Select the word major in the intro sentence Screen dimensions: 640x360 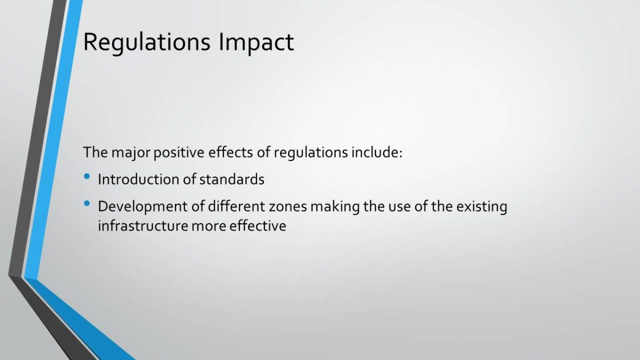click(131, 153)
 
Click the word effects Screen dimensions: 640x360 click(230, 152)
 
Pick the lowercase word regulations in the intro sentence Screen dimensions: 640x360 click(311, 153)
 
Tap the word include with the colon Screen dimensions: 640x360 click(377, 152)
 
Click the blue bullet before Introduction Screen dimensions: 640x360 click(87, 177)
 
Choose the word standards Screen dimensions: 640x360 click(231, 179)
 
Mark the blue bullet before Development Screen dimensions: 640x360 click(87, 203)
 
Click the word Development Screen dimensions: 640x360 click(143, 207)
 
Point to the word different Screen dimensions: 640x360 click(237, 206)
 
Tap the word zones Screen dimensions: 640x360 click(287, 207)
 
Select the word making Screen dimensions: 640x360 click(335, 207)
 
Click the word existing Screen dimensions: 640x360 click(482, 207)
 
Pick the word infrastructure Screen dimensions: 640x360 click(143, 226)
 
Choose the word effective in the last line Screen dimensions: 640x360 click(258, 226)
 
